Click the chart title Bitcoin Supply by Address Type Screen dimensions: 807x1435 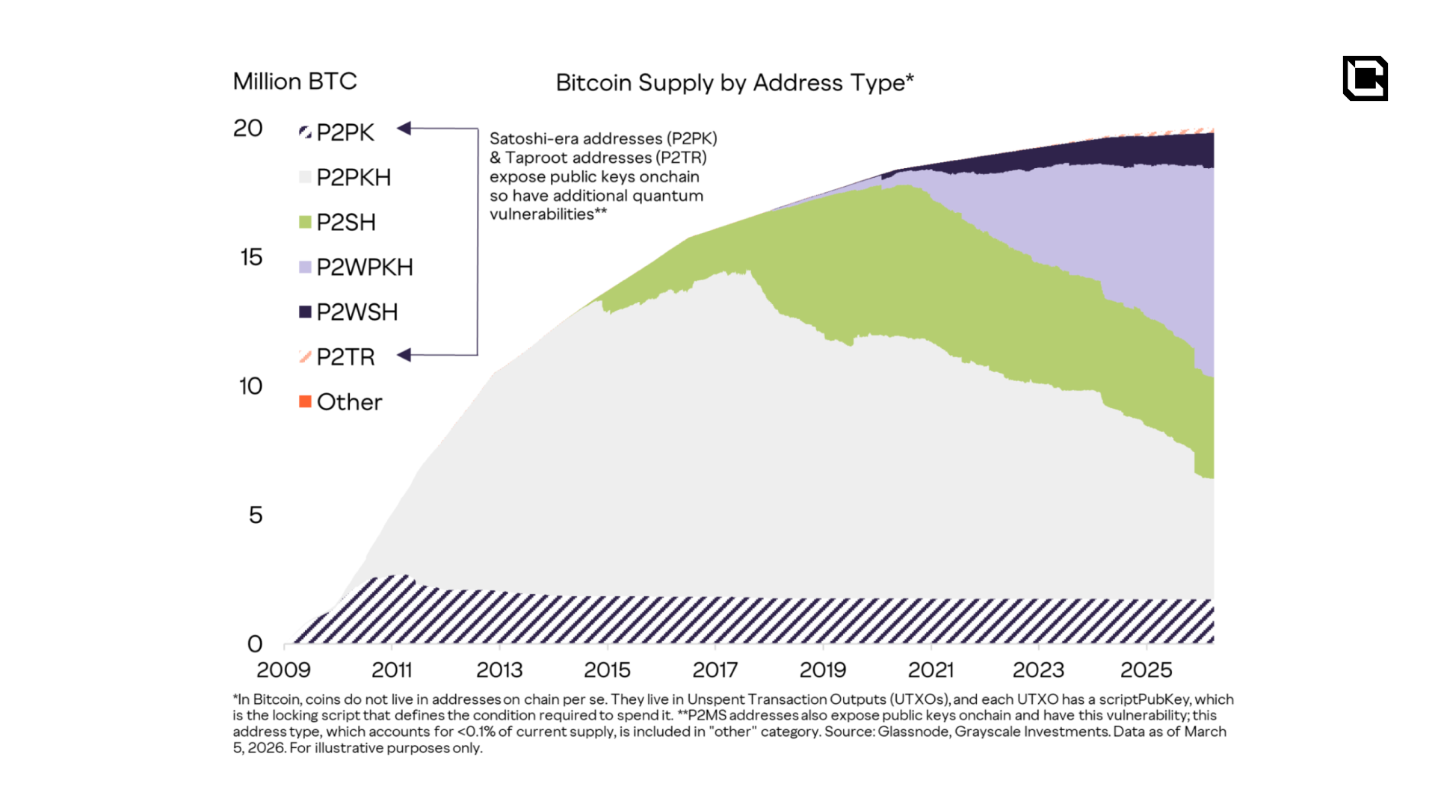tap(734, 83)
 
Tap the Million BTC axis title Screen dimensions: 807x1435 tap(294, 81)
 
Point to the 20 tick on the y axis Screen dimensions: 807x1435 tap(248, 129)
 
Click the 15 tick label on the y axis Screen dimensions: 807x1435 tap(251, 258)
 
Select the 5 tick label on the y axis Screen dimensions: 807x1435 tap(256, 516)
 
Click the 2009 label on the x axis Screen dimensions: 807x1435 tap(283, 670)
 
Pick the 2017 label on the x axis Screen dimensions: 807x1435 tap(715, 670)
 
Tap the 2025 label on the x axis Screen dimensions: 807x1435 tap(1146, 670)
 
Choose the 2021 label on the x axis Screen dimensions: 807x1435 tap(931, 670)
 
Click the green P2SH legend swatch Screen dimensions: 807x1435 tap(305, 222)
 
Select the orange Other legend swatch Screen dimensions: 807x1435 tap(305, 402)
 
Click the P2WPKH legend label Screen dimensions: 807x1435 tap(364, 268)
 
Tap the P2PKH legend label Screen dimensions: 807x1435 tap(354, 178)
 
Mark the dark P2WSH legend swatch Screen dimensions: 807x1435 tap(305, 312)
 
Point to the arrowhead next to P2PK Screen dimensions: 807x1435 tap(404, 129)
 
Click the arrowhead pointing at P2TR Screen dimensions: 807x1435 tap(404, 355)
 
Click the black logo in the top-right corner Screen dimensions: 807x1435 tap(1365, 78)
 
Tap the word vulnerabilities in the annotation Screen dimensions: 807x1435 tap(542, 214)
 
